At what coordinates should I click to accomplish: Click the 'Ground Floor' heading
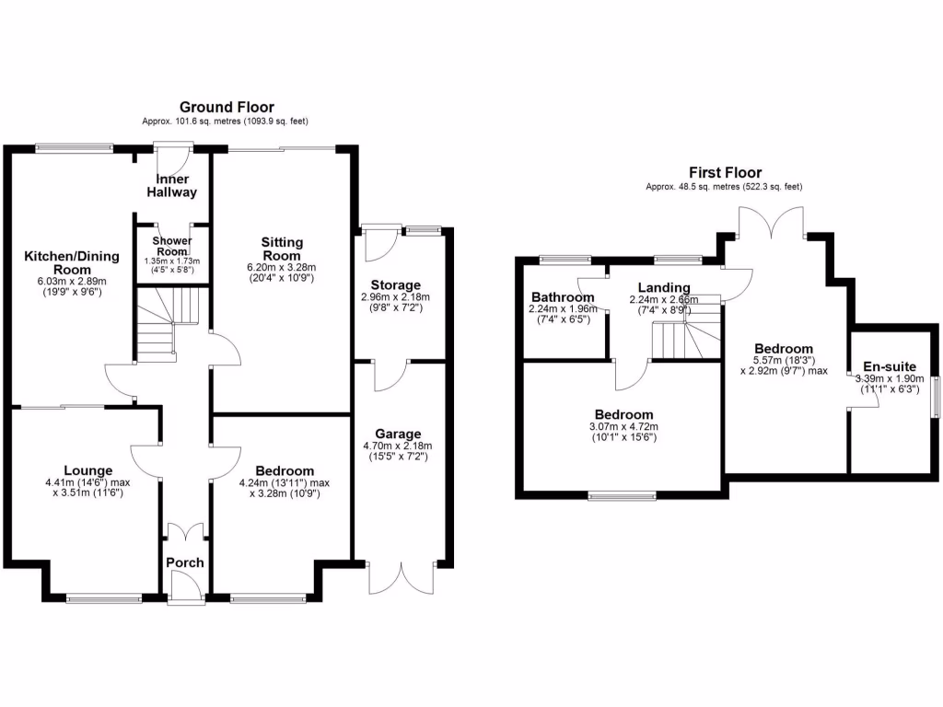[x=227, y=108]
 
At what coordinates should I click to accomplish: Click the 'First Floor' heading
[x=725, y=172]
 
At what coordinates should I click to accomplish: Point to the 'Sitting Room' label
[x=281, y=249]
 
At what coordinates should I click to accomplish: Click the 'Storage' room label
[x=395, y=285]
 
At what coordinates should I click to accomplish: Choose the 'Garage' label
[x=398, y=434]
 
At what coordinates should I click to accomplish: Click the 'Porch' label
[x=185, y=562]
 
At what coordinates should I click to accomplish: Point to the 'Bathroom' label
[x=562, y=297]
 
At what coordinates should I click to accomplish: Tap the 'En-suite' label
[x=890, y=365]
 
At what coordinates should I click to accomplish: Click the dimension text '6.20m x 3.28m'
[x=281, y=267]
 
